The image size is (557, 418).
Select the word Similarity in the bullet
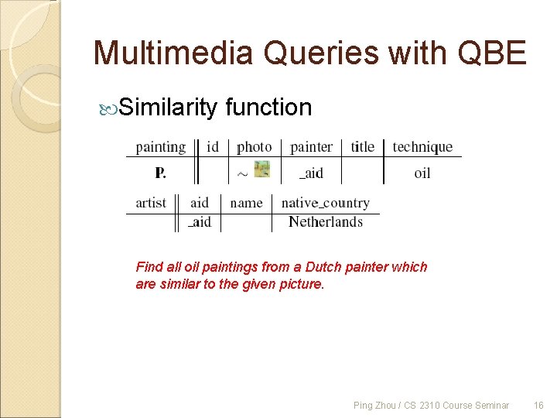point(168,107)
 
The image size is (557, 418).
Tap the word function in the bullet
point(268,107)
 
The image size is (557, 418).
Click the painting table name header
point(161,147)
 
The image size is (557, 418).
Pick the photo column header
point(255,147)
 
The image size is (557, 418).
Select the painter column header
point(311,147)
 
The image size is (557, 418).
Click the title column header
point(362,147)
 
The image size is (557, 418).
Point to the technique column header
point(422,147)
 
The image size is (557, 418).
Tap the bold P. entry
point(160,173)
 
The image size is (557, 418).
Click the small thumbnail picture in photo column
point(261,169)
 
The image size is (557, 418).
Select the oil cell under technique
point(422,173)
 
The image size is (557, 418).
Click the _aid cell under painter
point(311,173)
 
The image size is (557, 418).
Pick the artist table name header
point(151,203)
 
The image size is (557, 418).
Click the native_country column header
point(326,203)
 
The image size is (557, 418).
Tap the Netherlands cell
point(326,222)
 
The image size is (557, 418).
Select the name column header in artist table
point(246,203)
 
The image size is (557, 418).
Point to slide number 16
point(538,405)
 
